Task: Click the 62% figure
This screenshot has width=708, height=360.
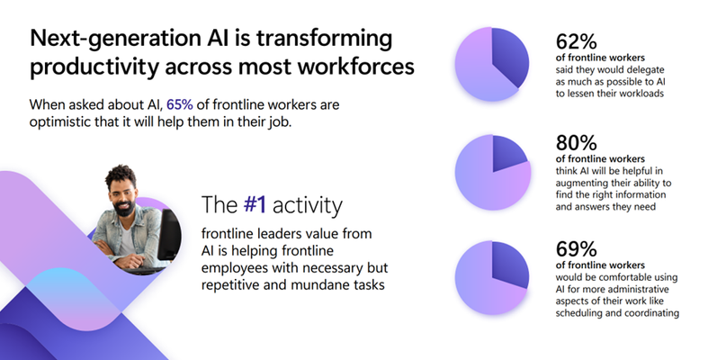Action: tap(576, 41)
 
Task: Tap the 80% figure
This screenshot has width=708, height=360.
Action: tap(576, 143)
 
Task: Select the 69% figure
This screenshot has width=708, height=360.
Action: tap(576, 249)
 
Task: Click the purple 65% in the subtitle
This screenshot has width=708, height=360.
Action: tap(180, 104)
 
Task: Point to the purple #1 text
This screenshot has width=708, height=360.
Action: tap(255, 204)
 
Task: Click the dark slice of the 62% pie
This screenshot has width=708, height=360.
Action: tap(509, 55)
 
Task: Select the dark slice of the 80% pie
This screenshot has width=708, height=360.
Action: tap(508, 153)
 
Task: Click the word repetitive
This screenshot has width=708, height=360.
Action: tap(230, 285)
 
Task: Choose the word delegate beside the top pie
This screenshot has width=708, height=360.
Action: tap(646, 70)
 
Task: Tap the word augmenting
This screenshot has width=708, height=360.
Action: tap(581, 184)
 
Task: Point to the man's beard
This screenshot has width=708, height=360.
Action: tap(123, 208)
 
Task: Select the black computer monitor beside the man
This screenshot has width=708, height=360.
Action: tap(169, 235)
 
